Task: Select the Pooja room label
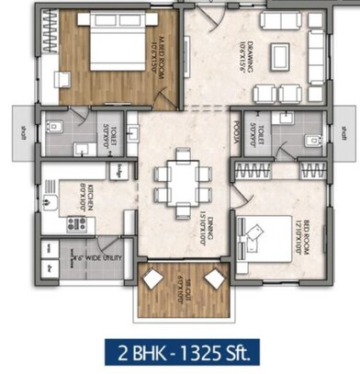coord(234,136)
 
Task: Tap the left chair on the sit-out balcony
coord(151,278)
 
